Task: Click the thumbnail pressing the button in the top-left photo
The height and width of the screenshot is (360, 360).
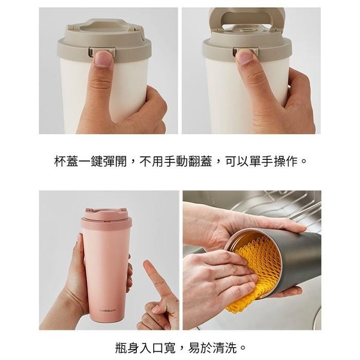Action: tap(103, 58)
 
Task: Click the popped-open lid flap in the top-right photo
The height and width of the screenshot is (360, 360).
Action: tap(246, 19)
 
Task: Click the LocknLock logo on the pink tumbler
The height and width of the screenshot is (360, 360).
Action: tap(107, 311)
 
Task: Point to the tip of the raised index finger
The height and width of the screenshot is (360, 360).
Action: tap(146, 262)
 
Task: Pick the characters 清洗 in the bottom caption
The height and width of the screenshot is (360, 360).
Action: tap(225, 348)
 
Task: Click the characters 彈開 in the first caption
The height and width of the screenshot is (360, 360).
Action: tap(115, 161)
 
